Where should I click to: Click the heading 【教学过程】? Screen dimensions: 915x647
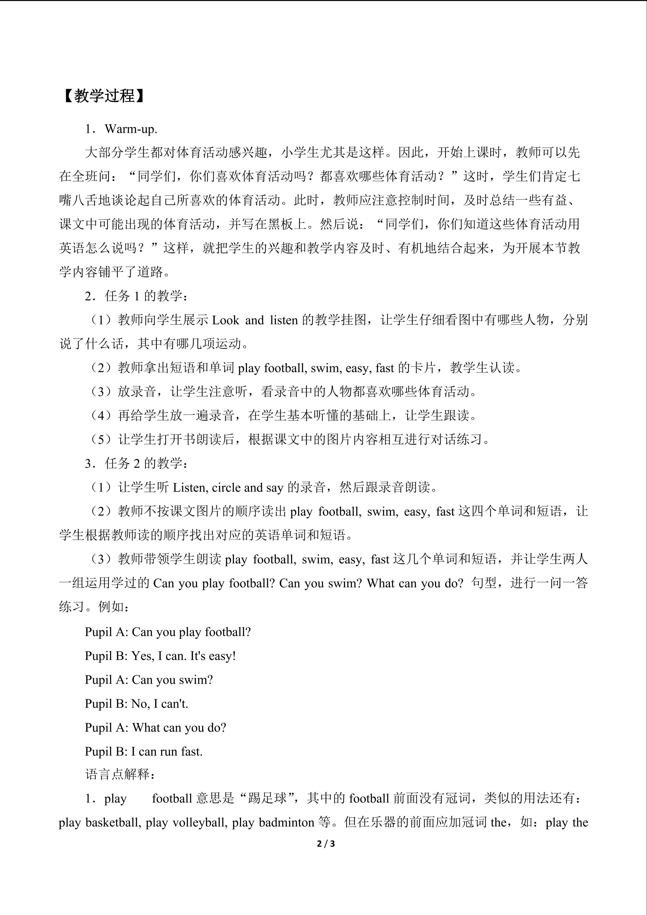[102, 96]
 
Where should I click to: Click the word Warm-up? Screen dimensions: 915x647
[131, 129]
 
